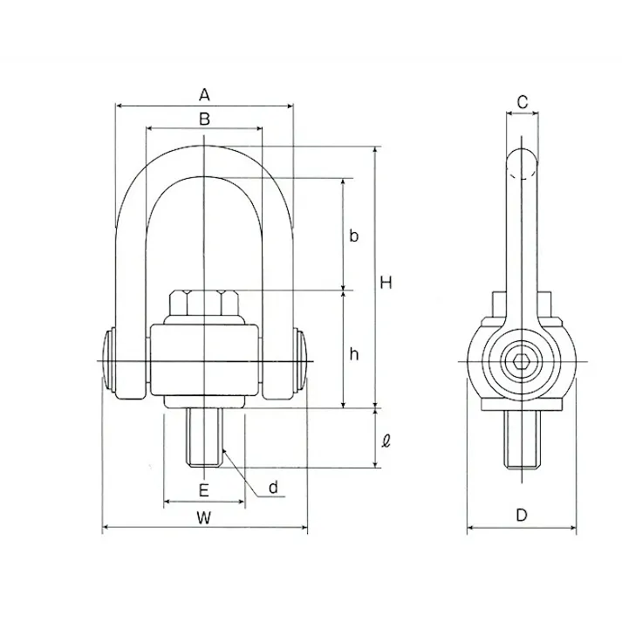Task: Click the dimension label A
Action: (204, 95)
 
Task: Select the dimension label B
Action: (204, 119)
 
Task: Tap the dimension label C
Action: (523, 102)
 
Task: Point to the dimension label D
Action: (522, 516)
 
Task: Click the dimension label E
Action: (204, 490)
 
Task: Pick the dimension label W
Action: (204, 517)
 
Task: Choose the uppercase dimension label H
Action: (386, 283)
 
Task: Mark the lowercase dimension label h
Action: (354, 353)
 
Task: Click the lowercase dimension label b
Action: (354, 236)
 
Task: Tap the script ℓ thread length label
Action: (386, 441)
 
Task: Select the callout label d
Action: (273, 488)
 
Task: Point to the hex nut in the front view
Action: (204, 304)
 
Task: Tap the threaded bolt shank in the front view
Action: (204, 437)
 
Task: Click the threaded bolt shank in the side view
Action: (522, 439)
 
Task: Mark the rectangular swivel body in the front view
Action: (204, 359)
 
